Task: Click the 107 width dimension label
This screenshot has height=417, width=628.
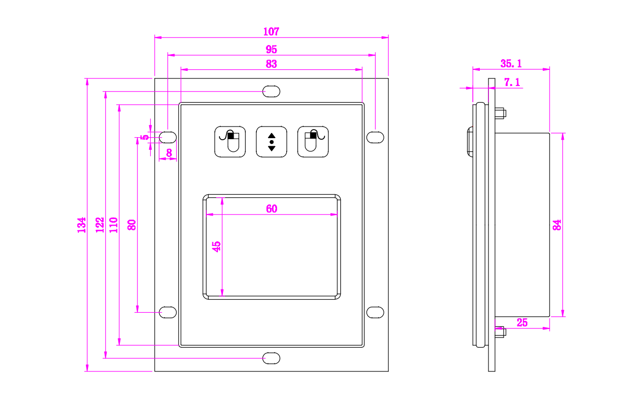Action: (271, 31)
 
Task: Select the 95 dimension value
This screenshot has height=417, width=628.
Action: (272, 50)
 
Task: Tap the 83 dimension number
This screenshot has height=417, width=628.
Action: (272, 64)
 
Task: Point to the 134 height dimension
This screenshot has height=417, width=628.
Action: (81, 225)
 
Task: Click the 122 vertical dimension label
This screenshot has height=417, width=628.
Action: (100, 225)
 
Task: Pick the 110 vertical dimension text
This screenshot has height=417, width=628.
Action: (113, 225)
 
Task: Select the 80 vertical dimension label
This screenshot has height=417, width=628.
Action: (131, 225)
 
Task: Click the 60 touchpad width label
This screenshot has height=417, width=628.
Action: (272, 209)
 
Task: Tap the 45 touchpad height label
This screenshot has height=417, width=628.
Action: (217, 246)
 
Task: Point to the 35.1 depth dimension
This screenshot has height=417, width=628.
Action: (511, 63)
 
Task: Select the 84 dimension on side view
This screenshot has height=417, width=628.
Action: (557, 225)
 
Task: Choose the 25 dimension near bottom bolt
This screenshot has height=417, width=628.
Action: (522, 322)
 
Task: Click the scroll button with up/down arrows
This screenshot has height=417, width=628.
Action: (272, 142)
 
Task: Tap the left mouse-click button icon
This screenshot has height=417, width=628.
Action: (231, 142)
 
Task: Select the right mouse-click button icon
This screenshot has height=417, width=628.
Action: (313, 142)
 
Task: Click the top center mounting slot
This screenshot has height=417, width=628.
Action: (271, 91)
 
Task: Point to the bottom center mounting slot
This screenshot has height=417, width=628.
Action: (271, 358)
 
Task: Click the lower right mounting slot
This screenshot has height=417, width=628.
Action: (375, 312)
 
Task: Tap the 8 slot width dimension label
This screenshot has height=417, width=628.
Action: (169, 152)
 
